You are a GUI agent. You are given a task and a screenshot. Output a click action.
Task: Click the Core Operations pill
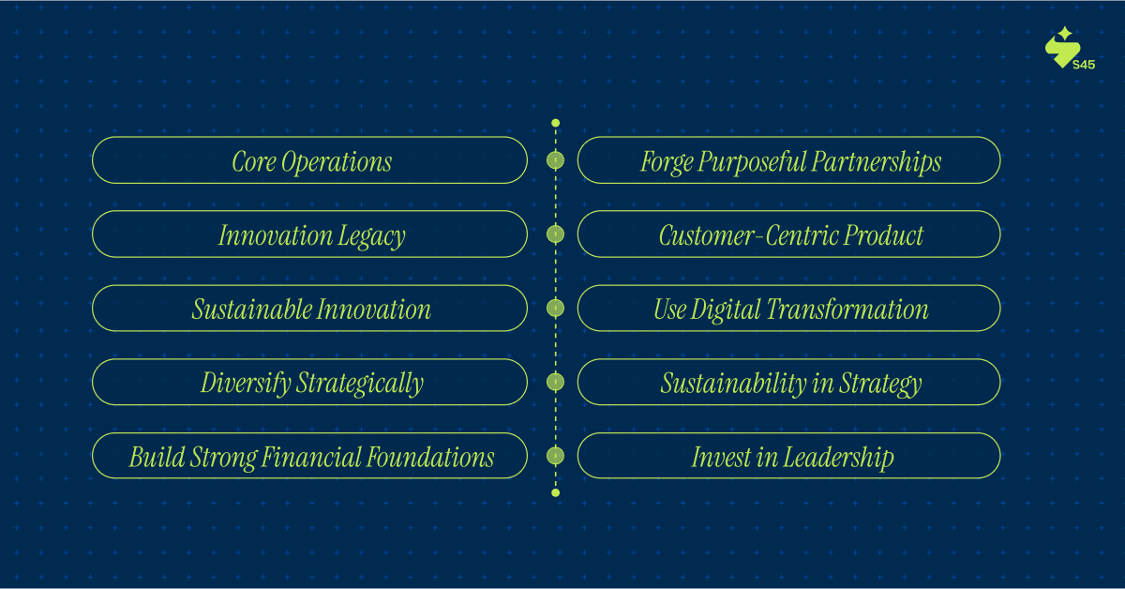click(309, 160)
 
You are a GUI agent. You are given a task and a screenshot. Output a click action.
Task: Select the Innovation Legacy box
click(309, 234)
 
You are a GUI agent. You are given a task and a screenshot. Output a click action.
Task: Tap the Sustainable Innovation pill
click(309, 308)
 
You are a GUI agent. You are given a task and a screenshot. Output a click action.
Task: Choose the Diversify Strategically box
click(309, 382)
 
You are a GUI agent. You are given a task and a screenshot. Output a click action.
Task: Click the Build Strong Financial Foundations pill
click(309, 456)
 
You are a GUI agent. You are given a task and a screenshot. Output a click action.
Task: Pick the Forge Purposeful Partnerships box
click(789, 160)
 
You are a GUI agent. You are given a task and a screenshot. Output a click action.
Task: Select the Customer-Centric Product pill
click(789, 234)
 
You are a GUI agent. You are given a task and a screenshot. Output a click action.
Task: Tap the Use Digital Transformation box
click(789, 308)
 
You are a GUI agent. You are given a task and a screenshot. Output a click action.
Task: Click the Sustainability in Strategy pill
click(789, 382)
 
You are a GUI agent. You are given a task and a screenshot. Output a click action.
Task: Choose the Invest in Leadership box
click(789, 456)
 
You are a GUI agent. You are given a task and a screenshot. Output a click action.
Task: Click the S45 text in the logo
click(1084, 65)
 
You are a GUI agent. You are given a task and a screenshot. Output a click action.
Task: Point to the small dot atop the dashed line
click(555, 123)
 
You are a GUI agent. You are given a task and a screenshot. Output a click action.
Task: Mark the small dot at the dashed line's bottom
click(555, 493)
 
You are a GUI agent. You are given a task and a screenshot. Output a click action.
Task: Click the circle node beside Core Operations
click(555, 160)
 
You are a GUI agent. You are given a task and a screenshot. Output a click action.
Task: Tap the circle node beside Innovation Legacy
click(555, 234)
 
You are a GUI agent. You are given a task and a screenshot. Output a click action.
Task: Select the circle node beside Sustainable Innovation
click(555, 308)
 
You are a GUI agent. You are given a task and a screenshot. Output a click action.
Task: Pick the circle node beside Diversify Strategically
click(555, 382)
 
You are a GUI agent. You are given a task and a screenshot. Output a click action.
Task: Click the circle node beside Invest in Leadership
click(555, 456)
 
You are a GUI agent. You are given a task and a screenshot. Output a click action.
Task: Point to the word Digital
click(726, 310)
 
